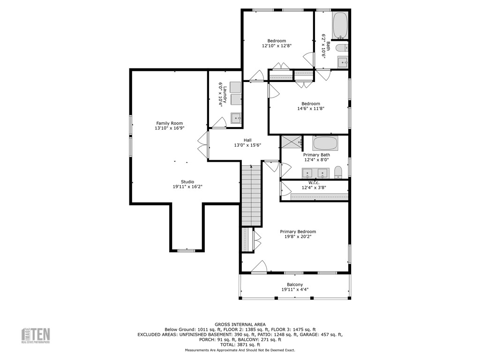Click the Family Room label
[x=169, y=123]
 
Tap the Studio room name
[x=187, y=182]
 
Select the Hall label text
[x=247, y=140]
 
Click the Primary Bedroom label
[x=298, y=232]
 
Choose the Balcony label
[x=295, y=285]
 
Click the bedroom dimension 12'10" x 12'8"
[x=277, y=46]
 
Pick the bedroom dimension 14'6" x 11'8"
[x=310, y=108]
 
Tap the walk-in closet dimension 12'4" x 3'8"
[x=314, y=188]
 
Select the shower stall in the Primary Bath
[x=291, y=141]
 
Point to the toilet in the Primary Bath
[x=339, y=172]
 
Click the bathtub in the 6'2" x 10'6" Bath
[x=340, y=25]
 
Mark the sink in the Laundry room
[x=235, y=118]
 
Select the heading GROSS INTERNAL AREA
[x=240, y=324]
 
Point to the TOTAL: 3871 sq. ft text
[x=240, y=345]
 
